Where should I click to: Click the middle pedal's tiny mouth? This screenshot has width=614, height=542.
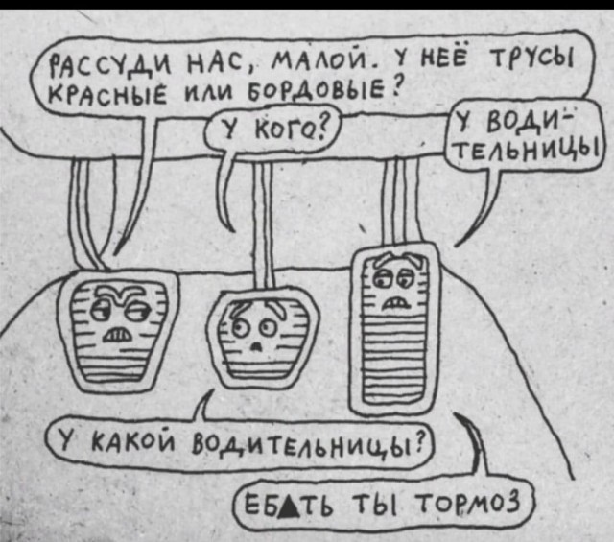[x=256, y=346]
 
